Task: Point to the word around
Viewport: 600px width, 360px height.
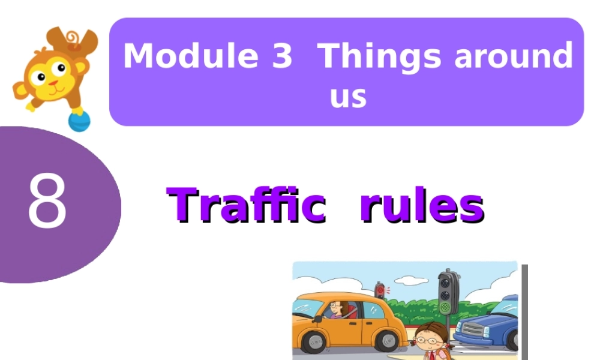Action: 513,56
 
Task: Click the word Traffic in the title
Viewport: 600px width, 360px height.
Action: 246,205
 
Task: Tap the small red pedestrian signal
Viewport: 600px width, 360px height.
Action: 379,290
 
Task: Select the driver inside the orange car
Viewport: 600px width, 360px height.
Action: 336,310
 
